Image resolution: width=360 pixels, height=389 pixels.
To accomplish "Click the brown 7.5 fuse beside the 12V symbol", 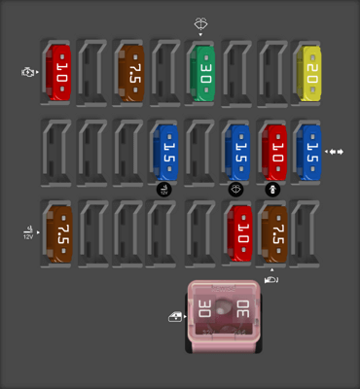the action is (x=59, y=233).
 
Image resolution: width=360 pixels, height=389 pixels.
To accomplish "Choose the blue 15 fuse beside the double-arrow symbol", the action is (x=310, y=152).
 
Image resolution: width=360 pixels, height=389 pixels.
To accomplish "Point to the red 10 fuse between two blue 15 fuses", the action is (x=274, y=152).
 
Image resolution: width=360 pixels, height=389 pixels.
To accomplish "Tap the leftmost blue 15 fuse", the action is (x=166, y=152).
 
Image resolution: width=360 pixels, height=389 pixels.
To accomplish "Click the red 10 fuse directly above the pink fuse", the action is (x=238, y=233).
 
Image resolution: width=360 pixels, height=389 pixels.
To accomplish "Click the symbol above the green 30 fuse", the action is (x=200, y=24).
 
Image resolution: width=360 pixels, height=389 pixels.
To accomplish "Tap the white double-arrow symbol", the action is (x=336, y=152).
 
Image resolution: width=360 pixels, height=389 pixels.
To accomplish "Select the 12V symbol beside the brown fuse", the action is (x=27, y=233).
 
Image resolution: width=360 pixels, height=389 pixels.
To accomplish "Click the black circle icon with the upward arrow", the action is (x=273, y=189).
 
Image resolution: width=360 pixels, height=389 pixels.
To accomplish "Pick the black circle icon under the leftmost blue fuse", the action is (x=164, y=189).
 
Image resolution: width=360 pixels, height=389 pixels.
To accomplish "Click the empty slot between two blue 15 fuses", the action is (x=202, y=152).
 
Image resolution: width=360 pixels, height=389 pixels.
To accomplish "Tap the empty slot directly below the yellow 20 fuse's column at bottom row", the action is (x=310, y=233).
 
